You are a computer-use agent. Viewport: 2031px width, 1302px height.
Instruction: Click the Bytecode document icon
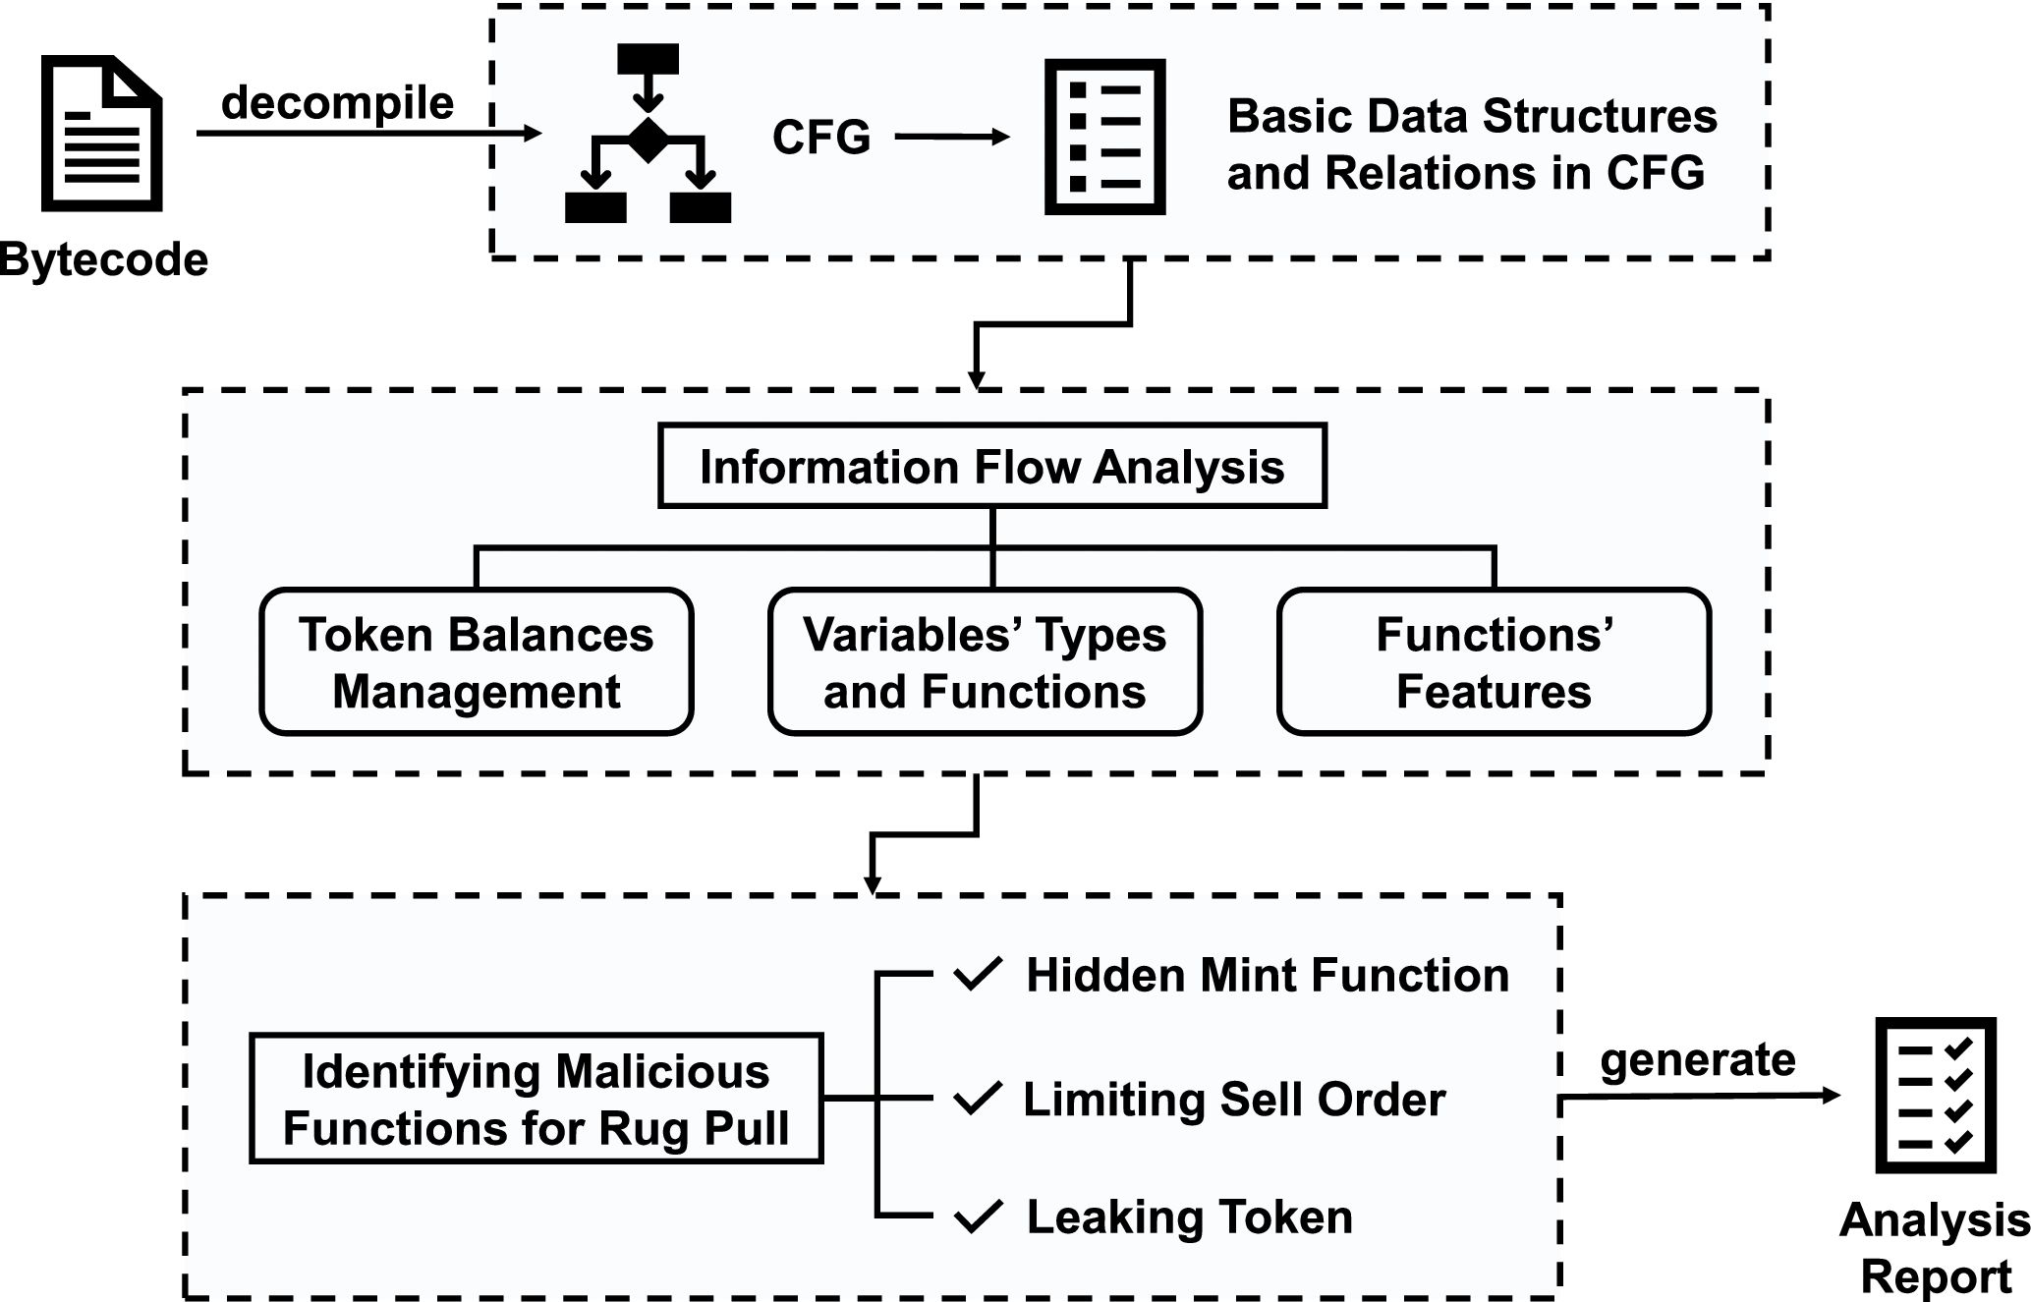(x=101, y=134)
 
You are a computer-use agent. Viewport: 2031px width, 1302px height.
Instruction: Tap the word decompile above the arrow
(x=337, y=103)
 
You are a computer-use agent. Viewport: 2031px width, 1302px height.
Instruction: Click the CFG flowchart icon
(x=648, y=134)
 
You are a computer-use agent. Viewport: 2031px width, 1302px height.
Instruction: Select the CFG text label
(x=821, y=137)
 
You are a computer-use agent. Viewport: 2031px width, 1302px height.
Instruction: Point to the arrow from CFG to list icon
(x=951, y=137)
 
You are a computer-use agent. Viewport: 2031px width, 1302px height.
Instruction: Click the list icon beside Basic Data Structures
(x=1104, y=137)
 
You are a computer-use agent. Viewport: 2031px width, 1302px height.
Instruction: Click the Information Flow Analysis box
(x=991, y=466)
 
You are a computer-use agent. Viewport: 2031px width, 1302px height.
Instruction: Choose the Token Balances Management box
(x=477, y=662)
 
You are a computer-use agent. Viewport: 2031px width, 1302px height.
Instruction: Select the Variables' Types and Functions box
(x=985, y=662)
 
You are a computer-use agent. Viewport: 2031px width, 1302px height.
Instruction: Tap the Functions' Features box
(x=1494, y=662)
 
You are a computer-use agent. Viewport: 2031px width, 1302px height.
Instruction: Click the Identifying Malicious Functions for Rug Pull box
(x=536, y=1099)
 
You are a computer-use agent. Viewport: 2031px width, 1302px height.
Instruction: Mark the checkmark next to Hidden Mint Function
(x=978, y=975)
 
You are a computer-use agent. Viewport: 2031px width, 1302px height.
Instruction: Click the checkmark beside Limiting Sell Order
(x=978, y=1099)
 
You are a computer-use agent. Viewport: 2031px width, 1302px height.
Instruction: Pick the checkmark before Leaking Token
(x=978, y=1217)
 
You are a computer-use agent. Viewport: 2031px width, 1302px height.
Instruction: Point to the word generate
(x=1697, y=1060)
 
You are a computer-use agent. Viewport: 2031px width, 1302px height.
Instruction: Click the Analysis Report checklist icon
(x=1937, y=1096)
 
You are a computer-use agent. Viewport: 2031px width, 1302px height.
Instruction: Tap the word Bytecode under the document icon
(x=103, y=260)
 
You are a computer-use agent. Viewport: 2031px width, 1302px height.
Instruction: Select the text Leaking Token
(x=1189, y=1217)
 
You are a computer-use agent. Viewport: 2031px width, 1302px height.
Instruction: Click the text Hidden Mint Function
(x=1268, y=976)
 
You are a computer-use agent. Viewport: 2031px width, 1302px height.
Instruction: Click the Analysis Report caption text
(x=1935, y=1248)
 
